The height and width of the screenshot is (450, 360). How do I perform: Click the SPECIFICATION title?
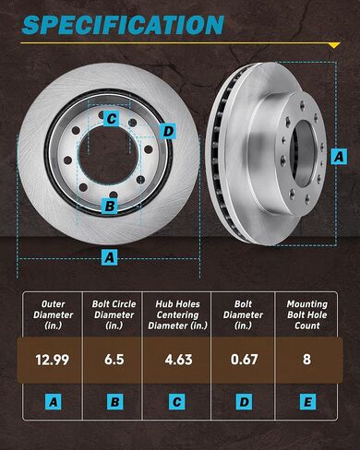pos(123,25)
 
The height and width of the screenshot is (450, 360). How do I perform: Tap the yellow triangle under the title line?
pos(334,46)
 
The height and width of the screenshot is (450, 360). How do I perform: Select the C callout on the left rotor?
pos(112,118)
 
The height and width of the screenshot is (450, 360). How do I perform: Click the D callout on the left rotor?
pos(168,131)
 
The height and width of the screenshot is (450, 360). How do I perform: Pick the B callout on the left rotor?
pos(110,206)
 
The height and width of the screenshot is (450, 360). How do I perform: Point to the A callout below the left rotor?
pos(110,257)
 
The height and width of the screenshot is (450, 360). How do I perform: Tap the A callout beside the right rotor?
pos(339,157)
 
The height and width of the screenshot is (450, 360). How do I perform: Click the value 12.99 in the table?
pos(53,360)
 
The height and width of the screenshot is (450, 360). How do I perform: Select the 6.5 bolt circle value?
pos(114,360)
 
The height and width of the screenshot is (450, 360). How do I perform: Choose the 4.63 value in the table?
pos(178,360)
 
